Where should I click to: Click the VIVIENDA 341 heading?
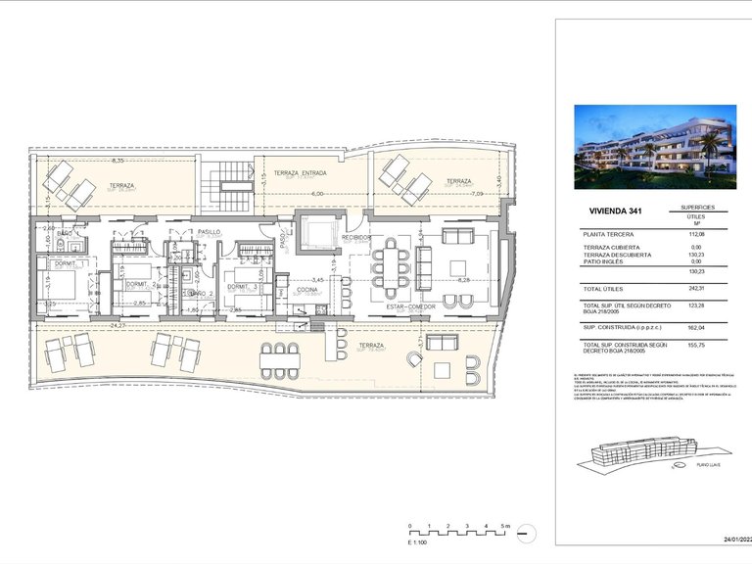tap(617, 211)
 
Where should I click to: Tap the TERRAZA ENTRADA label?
tap(300, 172)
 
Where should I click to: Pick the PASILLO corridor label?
tap(208, 231)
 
